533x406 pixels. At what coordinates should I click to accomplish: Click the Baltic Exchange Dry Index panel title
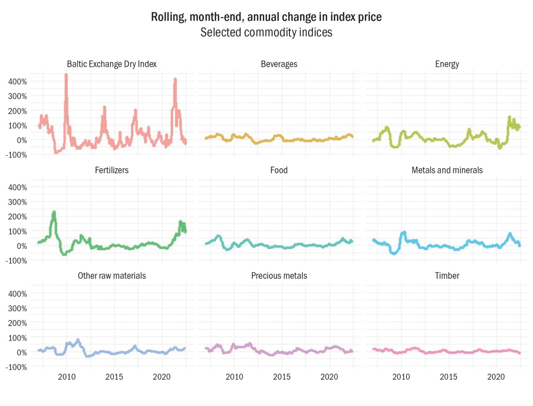pyautogui.click(x=112, y=64)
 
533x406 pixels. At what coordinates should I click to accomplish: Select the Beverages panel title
pyautogui.click(x=279, y=64)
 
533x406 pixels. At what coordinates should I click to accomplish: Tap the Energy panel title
pyautogui.click(x=447, y=64)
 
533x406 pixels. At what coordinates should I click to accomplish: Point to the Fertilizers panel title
pyautogui.click(x=112, y=170)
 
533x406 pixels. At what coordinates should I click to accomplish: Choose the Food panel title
pyautogui.click(x=279, y=170)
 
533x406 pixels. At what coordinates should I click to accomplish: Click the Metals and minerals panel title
pyautogui.click(x=447, y=170)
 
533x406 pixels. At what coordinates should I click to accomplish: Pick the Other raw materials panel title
pyautogui.click(x=112, y=276)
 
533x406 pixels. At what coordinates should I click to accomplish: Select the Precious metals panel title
pyautogui.click(x=279, y=276)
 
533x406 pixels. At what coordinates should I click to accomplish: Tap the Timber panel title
pyautogui.click(x=447, y=276)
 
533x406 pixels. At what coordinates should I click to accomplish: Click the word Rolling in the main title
pyautogui.click(x=168, y=17)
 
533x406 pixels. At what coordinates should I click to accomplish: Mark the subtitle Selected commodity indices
pyautogui.click(x=266, y=32)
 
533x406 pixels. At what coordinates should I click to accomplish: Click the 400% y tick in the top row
pyautogui.click(x=17, y=82)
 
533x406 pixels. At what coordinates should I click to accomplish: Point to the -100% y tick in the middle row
pyautogui.click(x=16, y=261)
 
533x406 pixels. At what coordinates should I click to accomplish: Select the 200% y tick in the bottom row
pyautogui.click(x=17, y=323)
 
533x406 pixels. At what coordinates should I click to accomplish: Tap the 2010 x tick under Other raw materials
pyautogui.click(x=67, y=377)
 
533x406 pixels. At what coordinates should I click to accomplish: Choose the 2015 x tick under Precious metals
pyautogui.click(x=282, y=377)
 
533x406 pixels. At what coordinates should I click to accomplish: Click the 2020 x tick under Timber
pyautogui.click(x=496, y=377)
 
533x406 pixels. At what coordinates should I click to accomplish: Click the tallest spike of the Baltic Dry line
pyautogui.click(x=66, y=76)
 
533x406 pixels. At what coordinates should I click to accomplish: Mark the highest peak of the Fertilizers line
pyautogui.click(x=54, y=212)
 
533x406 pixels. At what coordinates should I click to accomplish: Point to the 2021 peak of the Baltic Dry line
pyautogui.click(x=175, y=80)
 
